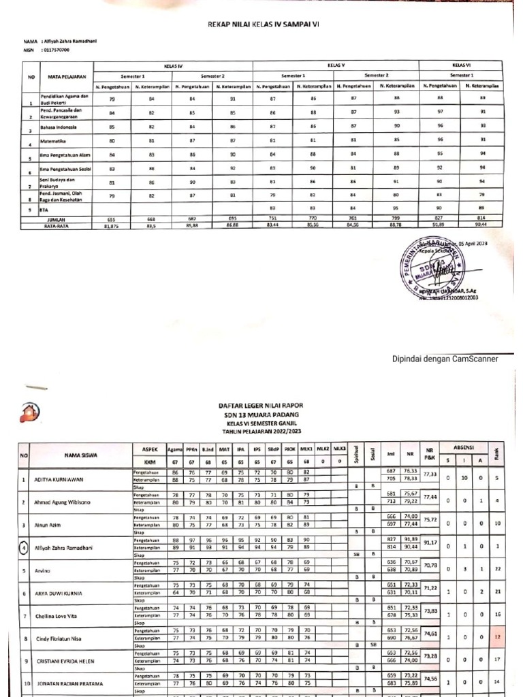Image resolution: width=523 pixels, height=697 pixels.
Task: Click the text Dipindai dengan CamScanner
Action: [445, 359]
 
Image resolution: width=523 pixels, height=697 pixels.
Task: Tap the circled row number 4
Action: [23, 547]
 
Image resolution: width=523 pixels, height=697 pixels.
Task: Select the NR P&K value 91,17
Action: [429, 542]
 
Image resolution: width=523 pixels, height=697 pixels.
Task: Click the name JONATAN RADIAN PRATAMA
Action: [70, 683]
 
